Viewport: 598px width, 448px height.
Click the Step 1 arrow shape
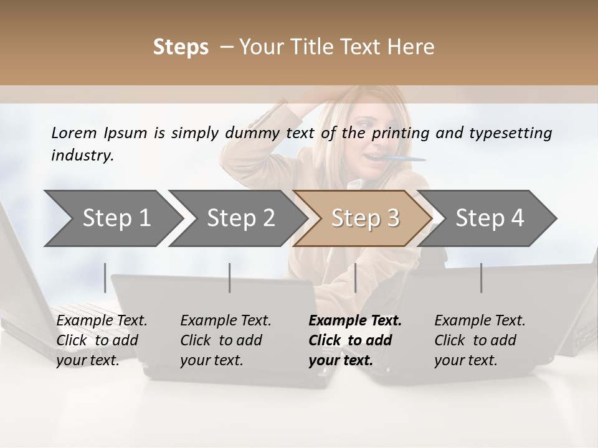[112, 218]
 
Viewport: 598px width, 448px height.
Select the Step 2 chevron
[240, 218]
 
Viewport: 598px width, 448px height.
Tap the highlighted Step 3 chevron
[365, 218]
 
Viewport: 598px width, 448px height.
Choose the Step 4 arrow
[490, 218]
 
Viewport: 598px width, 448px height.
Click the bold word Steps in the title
[181, 47]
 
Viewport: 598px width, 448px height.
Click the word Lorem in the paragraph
[74, 133]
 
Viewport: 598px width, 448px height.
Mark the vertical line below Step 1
[105, 278]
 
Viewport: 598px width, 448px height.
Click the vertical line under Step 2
[230, 278]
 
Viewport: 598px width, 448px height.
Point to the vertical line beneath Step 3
[356, 278]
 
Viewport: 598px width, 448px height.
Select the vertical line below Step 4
[482, 278]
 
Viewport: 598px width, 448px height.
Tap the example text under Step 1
[101, 340]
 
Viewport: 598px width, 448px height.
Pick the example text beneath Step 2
[225, 340]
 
